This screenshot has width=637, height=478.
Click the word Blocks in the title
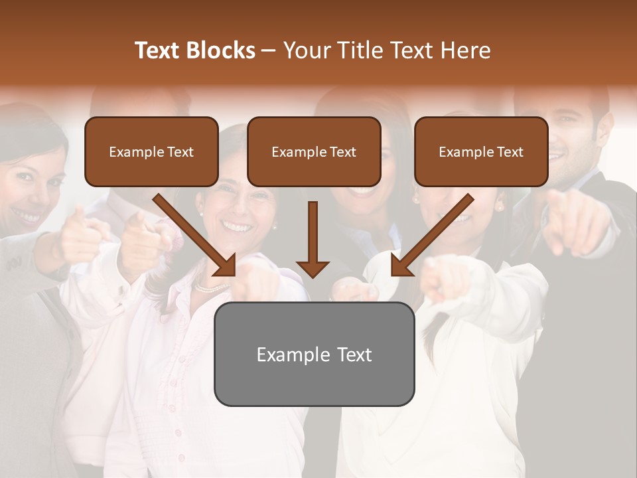point(222,50)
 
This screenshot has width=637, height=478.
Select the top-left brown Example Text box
point(151,151)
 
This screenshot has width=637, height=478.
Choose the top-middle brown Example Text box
point(314,151)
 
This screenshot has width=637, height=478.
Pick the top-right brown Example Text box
point(481,151)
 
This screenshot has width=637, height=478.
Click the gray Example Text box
point(314,354)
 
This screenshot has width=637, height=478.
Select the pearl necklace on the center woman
point(211,287)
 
